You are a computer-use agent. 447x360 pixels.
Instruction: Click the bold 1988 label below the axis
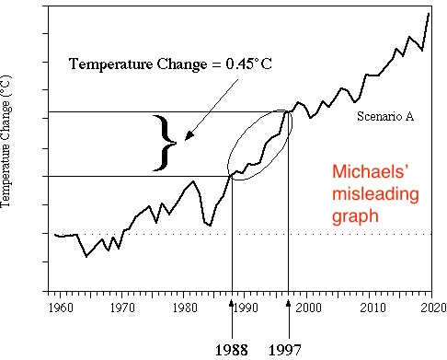(232, 349)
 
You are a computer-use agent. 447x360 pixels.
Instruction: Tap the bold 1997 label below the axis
(289, 349)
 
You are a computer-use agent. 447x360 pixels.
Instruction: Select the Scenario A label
(381, 118)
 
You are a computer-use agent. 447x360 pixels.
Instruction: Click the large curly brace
(166, 144)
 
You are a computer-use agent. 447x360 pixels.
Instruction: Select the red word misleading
(374, 195)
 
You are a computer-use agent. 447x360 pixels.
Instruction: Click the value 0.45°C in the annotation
(243, 64)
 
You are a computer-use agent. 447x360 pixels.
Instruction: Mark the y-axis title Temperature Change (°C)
(9, 149)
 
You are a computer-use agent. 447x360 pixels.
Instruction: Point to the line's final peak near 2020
(429, 14)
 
